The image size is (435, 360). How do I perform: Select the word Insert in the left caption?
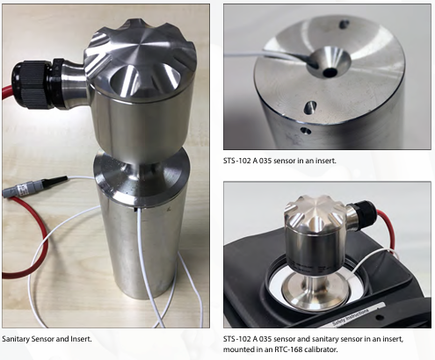[x=93, y=338]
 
